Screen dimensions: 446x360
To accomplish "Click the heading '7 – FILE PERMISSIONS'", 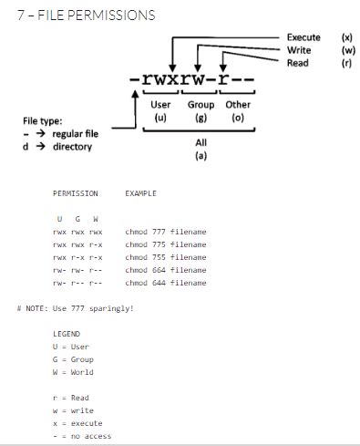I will tap(79, 16).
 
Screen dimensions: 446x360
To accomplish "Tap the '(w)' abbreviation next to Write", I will tap(347, 50).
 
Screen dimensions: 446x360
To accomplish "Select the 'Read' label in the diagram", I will tap(297, 63).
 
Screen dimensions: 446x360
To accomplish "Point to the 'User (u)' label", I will tap(159, 111).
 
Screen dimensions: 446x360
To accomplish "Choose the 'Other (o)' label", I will tap(238, 111).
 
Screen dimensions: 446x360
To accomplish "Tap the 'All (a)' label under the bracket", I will tap(201, 149).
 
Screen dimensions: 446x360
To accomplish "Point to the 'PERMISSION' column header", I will tap(75, 193).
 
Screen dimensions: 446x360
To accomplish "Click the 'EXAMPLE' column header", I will tap(140, 193).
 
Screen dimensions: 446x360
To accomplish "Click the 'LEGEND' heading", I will tap(67, 334).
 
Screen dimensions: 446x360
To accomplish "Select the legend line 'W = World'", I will tap(73, 372).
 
